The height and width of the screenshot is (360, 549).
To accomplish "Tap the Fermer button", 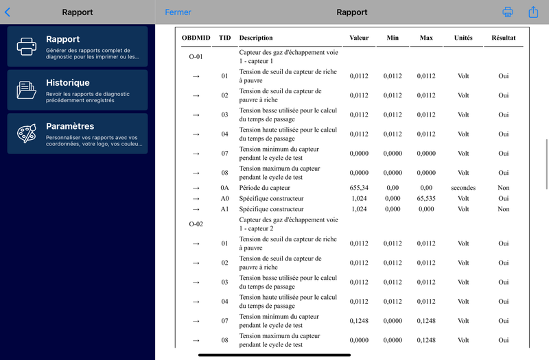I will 178,12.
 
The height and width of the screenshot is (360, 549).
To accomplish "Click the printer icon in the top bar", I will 508,12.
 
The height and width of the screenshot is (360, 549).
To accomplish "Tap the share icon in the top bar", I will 533,12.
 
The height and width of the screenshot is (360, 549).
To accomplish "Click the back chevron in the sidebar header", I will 8,12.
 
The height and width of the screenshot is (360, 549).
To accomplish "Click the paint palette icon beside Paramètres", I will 27,133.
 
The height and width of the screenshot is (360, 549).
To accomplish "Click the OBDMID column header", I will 196,38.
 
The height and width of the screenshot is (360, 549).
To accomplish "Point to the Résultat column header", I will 503,38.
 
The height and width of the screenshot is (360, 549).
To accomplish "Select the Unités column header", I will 463,38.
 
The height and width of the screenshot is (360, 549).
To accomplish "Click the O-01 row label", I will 196,57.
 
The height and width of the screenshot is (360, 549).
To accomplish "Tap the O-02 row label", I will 196,224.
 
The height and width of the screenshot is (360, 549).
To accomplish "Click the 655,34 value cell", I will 359,188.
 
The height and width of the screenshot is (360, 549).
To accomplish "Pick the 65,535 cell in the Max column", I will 426,199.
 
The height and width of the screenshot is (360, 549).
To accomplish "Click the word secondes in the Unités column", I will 463,188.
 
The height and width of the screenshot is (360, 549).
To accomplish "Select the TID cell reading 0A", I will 224,188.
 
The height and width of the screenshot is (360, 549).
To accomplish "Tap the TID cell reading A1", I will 224,209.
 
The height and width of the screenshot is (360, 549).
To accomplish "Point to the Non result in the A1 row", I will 503,209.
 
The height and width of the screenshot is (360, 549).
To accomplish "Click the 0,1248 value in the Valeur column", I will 359,321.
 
